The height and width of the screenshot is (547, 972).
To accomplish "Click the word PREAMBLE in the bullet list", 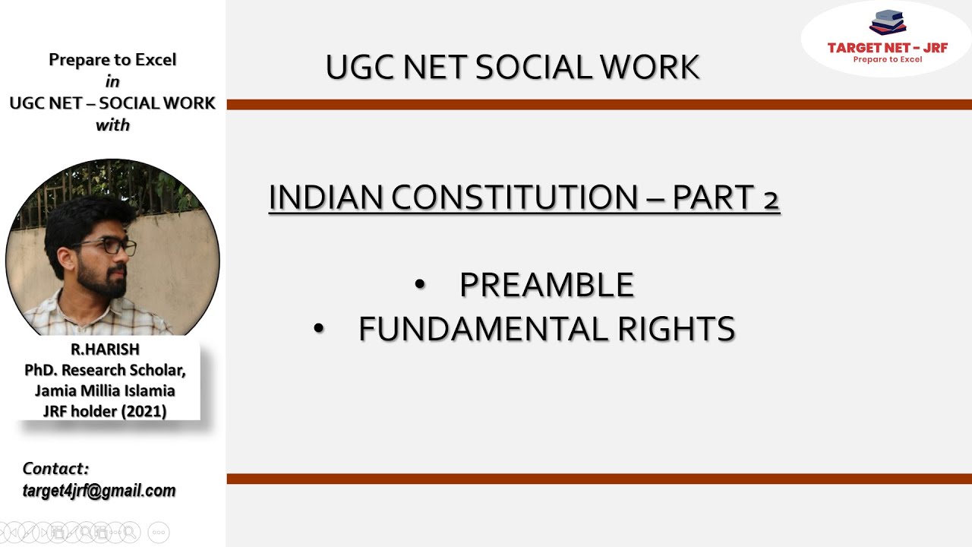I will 547,285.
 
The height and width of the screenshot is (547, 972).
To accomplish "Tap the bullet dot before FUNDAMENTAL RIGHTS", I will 319,329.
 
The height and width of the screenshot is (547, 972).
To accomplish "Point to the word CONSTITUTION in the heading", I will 516,198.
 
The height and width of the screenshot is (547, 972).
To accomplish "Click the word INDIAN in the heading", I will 326,198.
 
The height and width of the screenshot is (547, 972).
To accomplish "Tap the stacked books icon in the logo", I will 888,23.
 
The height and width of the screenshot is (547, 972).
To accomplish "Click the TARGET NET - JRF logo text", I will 887,48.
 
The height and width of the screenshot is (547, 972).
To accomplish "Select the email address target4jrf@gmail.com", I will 99,491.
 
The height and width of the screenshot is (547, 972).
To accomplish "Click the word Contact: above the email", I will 55,469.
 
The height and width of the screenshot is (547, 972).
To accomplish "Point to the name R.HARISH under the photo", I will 105,349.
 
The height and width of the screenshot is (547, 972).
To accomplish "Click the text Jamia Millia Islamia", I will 105,390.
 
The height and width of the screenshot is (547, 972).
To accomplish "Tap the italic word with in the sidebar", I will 112,125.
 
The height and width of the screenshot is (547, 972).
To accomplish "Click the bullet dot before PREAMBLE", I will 420,285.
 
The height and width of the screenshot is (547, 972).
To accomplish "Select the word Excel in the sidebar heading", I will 155,60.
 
